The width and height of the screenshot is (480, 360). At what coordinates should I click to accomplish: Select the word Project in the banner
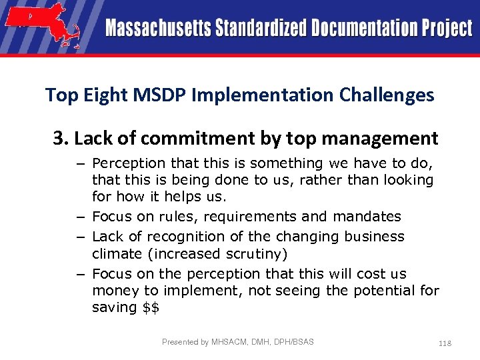(x=447, y=29)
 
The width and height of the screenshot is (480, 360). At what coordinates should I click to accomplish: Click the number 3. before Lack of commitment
(x=61, y=139)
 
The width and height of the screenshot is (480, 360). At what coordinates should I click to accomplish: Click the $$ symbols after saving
(x=150, y=308)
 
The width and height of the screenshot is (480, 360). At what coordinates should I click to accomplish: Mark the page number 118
(x=445, y=343)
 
